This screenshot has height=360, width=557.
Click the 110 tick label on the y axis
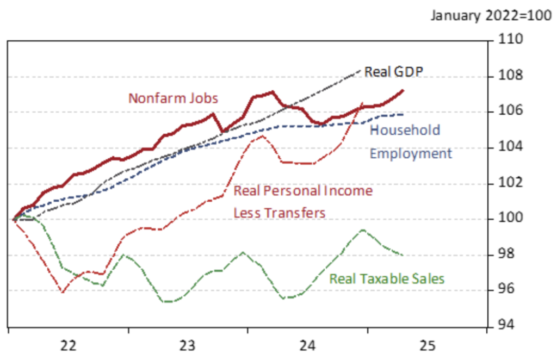(x=510, y=39)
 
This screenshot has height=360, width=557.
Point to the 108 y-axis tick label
(x=510, y=75)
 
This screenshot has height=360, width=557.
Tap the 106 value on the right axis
(x=510, y=111)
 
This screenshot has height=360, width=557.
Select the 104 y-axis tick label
(x=510, y=147)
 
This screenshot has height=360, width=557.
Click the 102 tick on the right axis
(x=510, y=183)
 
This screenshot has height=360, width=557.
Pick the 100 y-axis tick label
(x=510, y=218)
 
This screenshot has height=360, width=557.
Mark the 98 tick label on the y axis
(x=506, y=254)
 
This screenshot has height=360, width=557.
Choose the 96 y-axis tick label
(x=506, y=289)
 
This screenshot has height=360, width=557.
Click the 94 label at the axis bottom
(x=506, y=325)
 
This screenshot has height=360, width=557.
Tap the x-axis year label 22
(x=68, y=345)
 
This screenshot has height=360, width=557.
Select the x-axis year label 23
(x=187, y=345)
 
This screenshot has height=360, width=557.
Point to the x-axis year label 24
(x=307, y=345)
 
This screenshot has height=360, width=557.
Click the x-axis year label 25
(x=428, y=345)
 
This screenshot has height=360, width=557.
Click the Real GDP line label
(x=394, y=72)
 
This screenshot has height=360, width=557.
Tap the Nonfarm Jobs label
(x=173, y=98)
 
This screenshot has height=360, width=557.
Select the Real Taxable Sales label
(x=387, y=278)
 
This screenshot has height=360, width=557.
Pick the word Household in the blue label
(x=405, y=131)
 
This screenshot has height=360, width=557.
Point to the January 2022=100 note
(x=491, y=16)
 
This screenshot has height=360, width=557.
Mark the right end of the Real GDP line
(x=360, y=70)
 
